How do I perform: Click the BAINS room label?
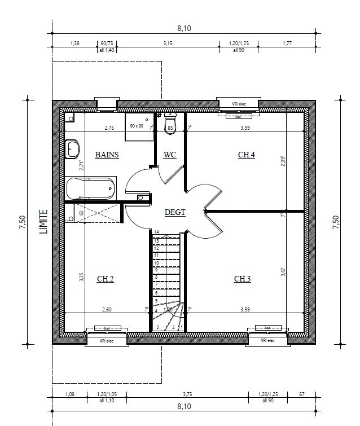[107, 155]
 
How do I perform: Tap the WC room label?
[170, 155]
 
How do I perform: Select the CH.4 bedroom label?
[246, 155]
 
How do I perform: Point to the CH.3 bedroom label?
[243, 279]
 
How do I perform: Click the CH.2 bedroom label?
[106, 279]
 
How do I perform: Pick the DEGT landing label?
[175, 212]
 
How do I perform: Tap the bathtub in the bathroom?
[90, 187]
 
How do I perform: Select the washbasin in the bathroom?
[73, 150]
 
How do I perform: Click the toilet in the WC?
[170, 124]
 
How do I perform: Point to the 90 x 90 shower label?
[137, 126]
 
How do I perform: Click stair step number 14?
[156, 232]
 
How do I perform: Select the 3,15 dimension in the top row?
[168, 43]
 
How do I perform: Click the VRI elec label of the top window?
[239, 104]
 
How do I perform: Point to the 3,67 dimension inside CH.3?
[283, 272]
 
